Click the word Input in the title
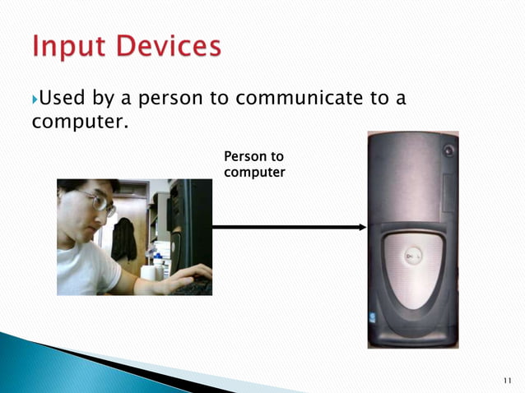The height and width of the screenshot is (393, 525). [68, 47]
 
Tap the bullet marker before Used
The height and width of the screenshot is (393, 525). [35, 99]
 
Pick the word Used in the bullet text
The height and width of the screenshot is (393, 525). [61, 99]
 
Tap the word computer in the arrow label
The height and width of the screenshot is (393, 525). [254, 172]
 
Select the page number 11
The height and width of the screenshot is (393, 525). [506, 380]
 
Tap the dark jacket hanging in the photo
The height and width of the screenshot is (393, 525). [123, 239]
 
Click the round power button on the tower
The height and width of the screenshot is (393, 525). [448, 150]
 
